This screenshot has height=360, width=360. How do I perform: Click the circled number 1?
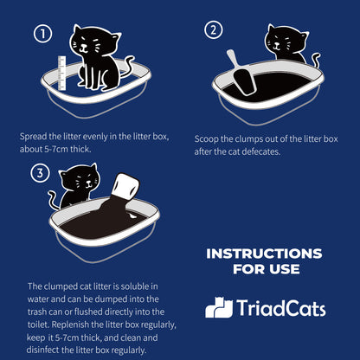tap(42, 35)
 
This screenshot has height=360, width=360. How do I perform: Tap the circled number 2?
tap(213, 30)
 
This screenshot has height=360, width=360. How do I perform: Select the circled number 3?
tap(38, 174)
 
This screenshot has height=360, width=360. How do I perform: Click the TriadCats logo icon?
tap(219, 307)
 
